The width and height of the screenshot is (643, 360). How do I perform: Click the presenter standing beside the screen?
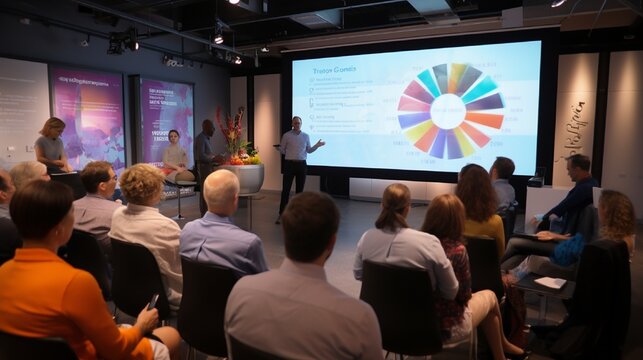coord(294,155)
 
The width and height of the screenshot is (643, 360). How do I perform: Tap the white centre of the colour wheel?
coord(448,110)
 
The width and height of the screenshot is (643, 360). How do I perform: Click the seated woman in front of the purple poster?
coord(176,155)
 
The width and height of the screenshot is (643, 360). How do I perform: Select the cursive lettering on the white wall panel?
coord(575,125)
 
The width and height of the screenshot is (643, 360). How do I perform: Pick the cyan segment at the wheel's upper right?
coord(469,80)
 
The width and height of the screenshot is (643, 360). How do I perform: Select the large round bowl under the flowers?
coord(243,177)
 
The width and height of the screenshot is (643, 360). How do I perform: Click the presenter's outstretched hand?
coord(320,142)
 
